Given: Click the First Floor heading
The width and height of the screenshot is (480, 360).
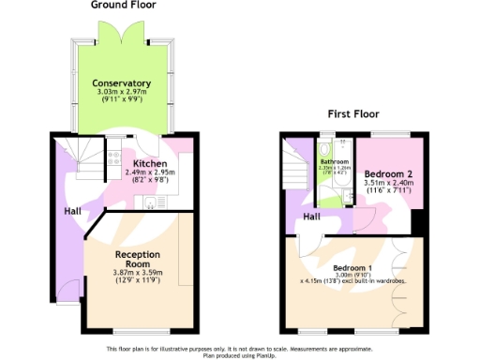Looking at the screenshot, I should (352, 114).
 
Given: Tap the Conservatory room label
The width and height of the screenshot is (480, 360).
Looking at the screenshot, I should (122, 83).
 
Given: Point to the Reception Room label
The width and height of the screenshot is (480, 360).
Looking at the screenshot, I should (138, 259).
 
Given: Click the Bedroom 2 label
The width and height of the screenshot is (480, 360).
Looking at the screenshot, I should (388, 174).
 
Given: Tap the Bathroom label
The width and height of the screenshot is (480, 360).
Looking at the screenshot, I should (334, 161).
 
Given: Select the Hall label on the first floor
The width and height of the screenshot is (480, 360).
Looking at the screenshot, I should (313, 217).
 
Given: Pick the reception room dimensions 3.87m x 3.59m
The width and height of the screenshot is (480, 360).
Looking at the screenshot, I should (138, 274).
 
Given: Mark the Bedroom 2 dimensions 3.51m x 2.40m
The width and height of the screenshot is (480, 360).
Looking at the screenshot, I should (388, 185).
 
